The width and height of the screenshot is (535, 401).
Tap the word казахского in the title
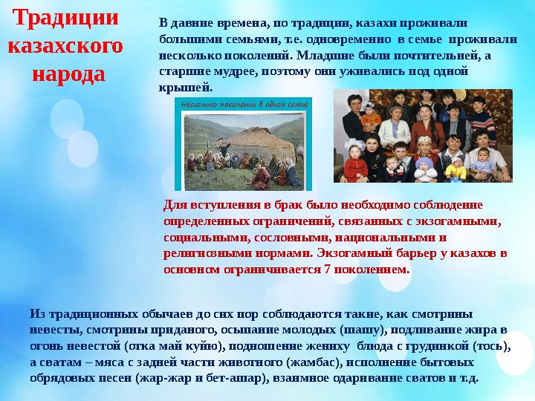click(65, 45)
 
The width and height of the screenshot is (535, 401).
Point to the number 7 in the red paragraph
click(327, 270)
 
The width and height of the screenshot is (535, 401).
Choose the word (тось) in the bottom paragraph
click(492, 345)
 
